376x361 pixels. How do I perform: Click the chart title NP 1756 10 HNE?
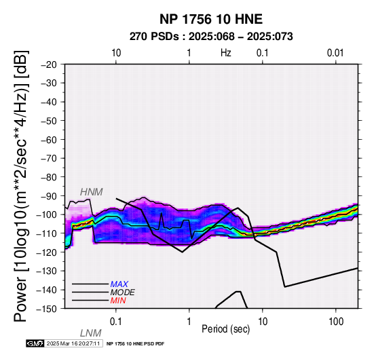coord(211,19)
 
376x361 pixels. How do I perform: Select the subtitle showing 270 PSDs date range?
coord(211,37)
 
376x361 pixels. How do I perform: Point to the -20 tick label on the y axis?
coord(49,64)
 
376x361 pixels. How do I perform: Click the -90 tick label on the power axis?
coord(49,196)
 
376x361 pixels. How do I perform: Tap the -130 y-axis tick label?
coord(47,271)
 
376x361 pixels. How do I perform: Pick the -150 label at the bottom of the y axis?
coord(47,309)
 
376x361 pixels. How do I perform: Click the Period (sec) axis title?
coord(225,329)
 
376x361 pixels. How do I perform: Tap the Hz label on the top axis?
coord(225,53)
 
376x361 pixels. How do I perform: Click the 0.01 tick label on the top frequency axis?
coord(335,53)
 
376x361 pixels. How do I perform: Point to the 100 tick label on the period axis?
coord(336,322)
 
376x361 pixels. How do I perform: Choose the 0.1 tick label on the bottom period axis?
coord(115,322)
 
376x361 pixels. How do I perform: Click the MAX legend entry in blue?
coord(119,284)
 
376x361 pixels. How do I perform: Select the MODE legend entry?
coord(123,292)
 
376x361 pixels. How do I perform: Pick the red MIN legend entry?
coord(118,301)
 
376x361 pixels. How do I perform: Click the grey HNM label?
coord(92,192)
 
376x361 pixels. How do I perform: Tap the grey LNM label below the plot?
coord(91,333)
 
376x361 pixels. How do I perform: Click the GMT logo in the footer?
coord(35,343)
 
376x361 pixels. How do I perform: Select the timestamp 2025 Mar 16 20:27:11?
coord(73,343)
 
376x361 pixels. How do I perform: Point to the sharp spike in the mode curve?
coord(162,213)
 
